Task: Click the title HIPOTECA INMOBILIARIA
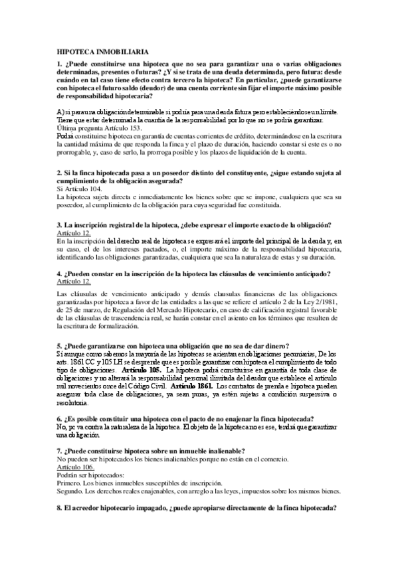(102, 51)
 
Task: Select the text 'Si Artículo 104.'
(80, 189)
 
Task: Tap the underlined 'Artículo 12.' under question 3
(74, 233)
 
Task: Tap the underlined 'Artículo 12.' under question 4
(74, 281)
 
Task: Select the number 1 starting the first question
(59, 62)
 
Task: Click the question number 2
(59, 173)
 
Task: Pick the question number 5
(59, 346)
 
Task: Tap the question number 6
(59, 420)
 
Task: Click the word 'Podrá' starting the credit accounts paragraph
(66, 134)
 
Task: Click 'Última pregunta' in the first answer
(83, 127)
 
